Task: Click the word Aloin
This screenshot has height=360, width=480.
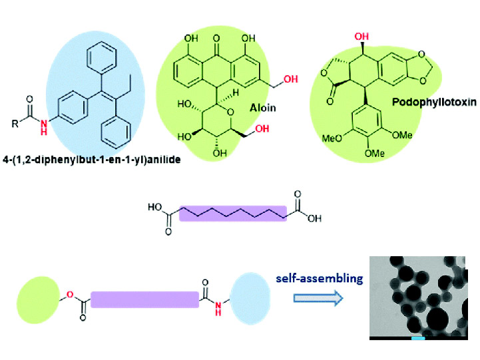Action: (263, 108)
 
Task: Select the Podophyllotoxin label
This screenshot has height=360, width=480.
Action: (434, 102)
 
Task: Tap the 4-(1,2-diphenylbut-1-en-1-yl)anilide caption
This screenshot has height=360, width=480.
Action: (91, 160)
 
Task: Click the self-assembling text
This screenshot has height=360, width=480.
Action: (320, 278)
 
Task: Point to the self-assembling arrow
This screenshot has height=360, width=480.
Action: (318, 298)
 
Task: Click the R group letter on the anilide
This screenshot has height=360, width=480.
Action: (15, 124)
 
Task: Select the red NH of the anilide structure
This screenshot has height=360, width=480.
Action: (45, 127)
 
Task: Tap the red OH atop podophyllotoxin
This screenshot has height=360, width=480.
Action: (361, 37)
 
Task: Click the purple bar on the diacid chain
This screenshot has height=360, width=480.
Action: (233, 213)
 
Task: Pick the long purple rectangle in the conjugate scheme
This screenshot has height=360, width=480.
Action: (144, 299)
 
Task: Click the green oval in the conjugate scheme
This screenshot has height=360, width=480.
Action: (38, 299)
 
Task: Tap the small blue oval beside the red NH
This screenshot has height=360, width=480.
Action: (250, 298)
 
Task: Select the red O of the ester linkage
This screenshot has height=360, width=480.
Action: (70, 294)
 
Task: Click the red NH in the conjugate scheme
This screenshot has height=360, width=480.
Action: (218, 308)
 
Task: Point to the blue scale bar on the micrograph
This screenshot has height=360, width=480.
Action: (418, 338)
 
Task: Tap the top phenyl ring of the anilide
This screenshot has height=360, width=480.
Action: (101, 57)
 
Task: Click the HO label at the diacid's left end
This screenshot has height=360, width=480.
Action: (155, 208)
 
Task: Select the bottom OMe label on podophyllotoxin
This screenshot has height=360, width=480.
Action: (374, 152)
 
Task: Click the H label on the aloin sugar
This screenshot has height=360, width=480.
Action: (235, 92)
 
